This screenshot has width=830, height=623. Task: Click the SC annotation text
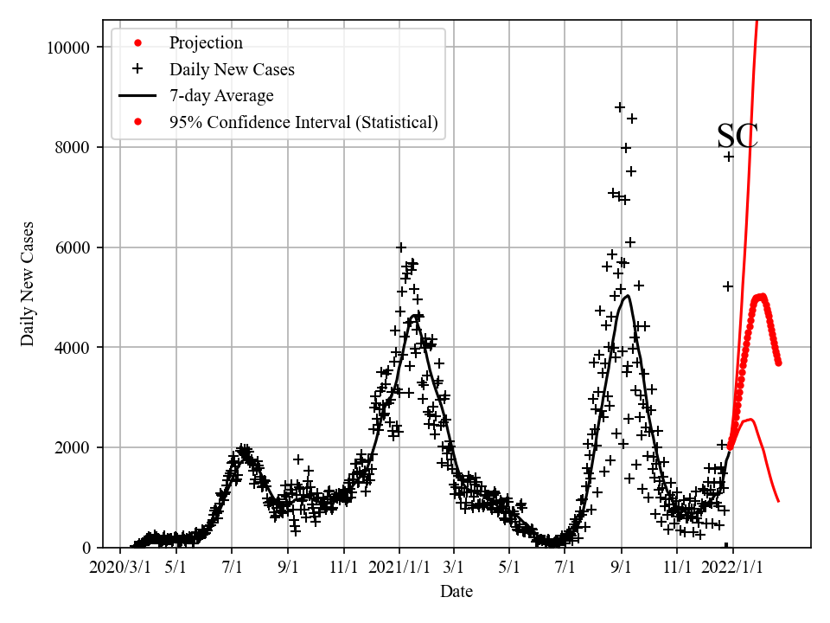pos(737,137)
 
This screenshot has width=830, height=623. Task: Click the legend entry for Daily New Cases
pos(231,69)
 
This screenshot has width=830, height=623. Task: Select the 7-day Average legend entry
pos(220,96)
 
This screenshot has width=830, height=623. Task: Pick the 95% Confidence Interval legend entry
pos(303,122)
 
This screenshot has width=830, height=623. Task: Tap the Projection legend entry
pos(205,42)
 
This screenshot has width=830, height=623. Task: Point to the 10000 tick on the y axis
pos(67,47)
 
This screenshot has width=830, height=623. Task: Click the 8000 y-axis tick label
pos(71,147)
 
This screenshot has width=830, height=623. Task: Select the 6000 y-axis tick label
pos(71,247)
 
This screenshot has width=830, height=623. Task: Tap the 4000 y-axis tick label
pos(71,347)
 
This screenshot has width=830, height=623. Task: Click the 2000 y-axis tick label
pos(71,447)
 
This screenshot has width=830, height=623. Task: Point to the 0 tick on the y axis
pos(85,548)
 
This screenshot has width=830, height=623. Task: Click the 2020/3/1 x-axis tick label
pos(120,568)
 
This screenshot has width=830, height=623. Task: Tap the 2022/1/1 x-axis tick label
pos(732,568)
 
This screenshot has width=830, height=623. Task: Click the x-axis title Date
pos(456,592)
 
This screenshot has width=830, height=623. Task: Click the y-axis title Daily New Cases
pos(29,285)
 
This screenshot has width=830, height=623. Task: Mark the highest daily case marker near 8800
pos(620,107)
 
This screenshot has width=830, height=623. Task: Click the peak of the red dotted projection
pos(760,297)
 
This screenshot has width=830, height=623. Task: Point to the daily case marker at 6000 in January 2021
pos(401,247)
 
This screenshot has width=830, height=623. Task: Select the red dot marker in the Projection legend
pos(137,42)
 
